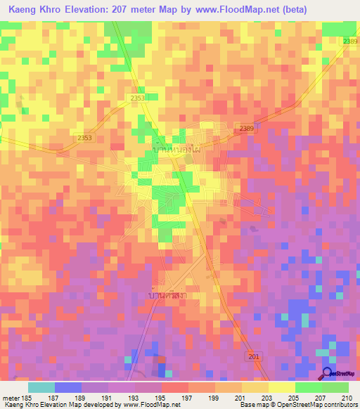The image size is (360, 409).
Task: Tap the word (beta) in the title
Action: tap(337, 10)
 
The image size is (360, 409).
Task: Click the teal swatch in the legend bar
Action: tap(41, 387)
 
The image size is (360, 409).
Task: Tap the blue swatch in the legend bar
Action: tap(67, 387)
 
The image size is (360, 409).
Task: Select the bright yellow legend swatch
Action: tap(282, 387)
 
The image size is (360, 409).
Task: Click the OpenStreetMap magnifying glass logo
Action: tap(328, 374)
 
